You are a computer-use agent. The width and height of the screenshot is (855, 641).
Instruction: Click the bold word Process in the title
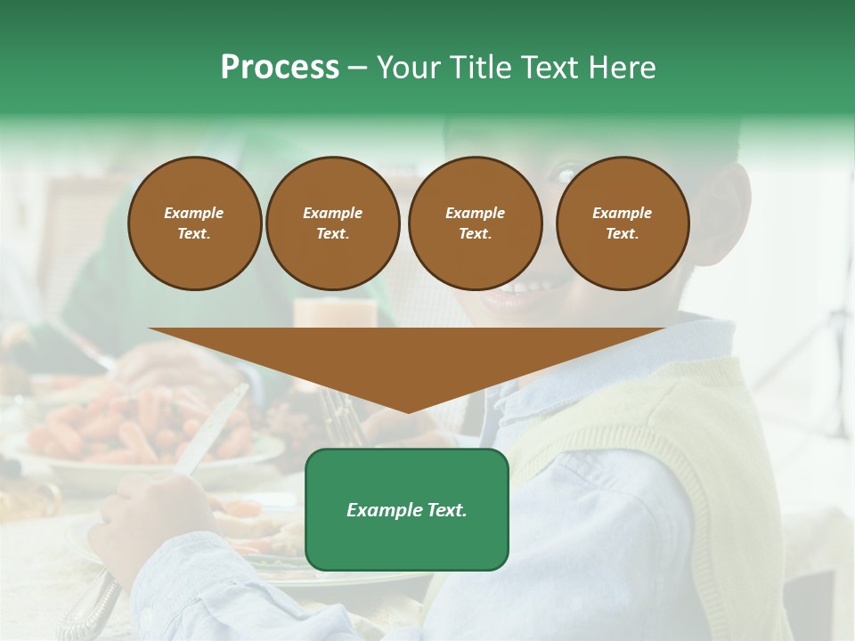point(280,68)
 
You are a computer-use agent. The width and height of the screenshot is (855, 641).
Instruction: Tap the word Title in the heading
point(478,68)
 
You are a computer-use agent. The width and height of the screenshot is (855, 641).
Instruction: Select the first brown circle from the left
point(195,223)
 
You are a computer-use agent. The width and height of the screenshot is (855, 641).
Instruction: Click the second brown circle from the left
point(333,223)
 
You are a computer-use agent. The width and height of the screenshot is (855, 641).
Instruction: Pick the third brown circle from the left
point(475,223)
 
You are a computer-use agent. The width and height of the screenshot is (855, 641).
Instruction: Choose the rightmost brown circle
point(623,223)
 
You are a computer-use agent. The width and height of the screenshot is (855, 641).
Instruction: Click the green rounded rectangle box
point(407,509)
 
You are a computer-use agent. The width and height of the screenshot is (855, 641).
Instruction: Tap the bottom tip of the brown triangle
point(408,410)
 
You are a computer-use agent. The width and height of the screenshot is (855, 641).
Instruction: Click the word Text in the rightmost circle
point(622,233)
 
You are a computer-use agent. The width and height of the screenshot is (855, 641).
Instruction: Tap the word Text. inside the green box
point(445,510)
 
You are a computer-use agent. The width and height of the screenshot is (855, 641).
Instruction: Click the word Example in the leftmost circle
point(194,213)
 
